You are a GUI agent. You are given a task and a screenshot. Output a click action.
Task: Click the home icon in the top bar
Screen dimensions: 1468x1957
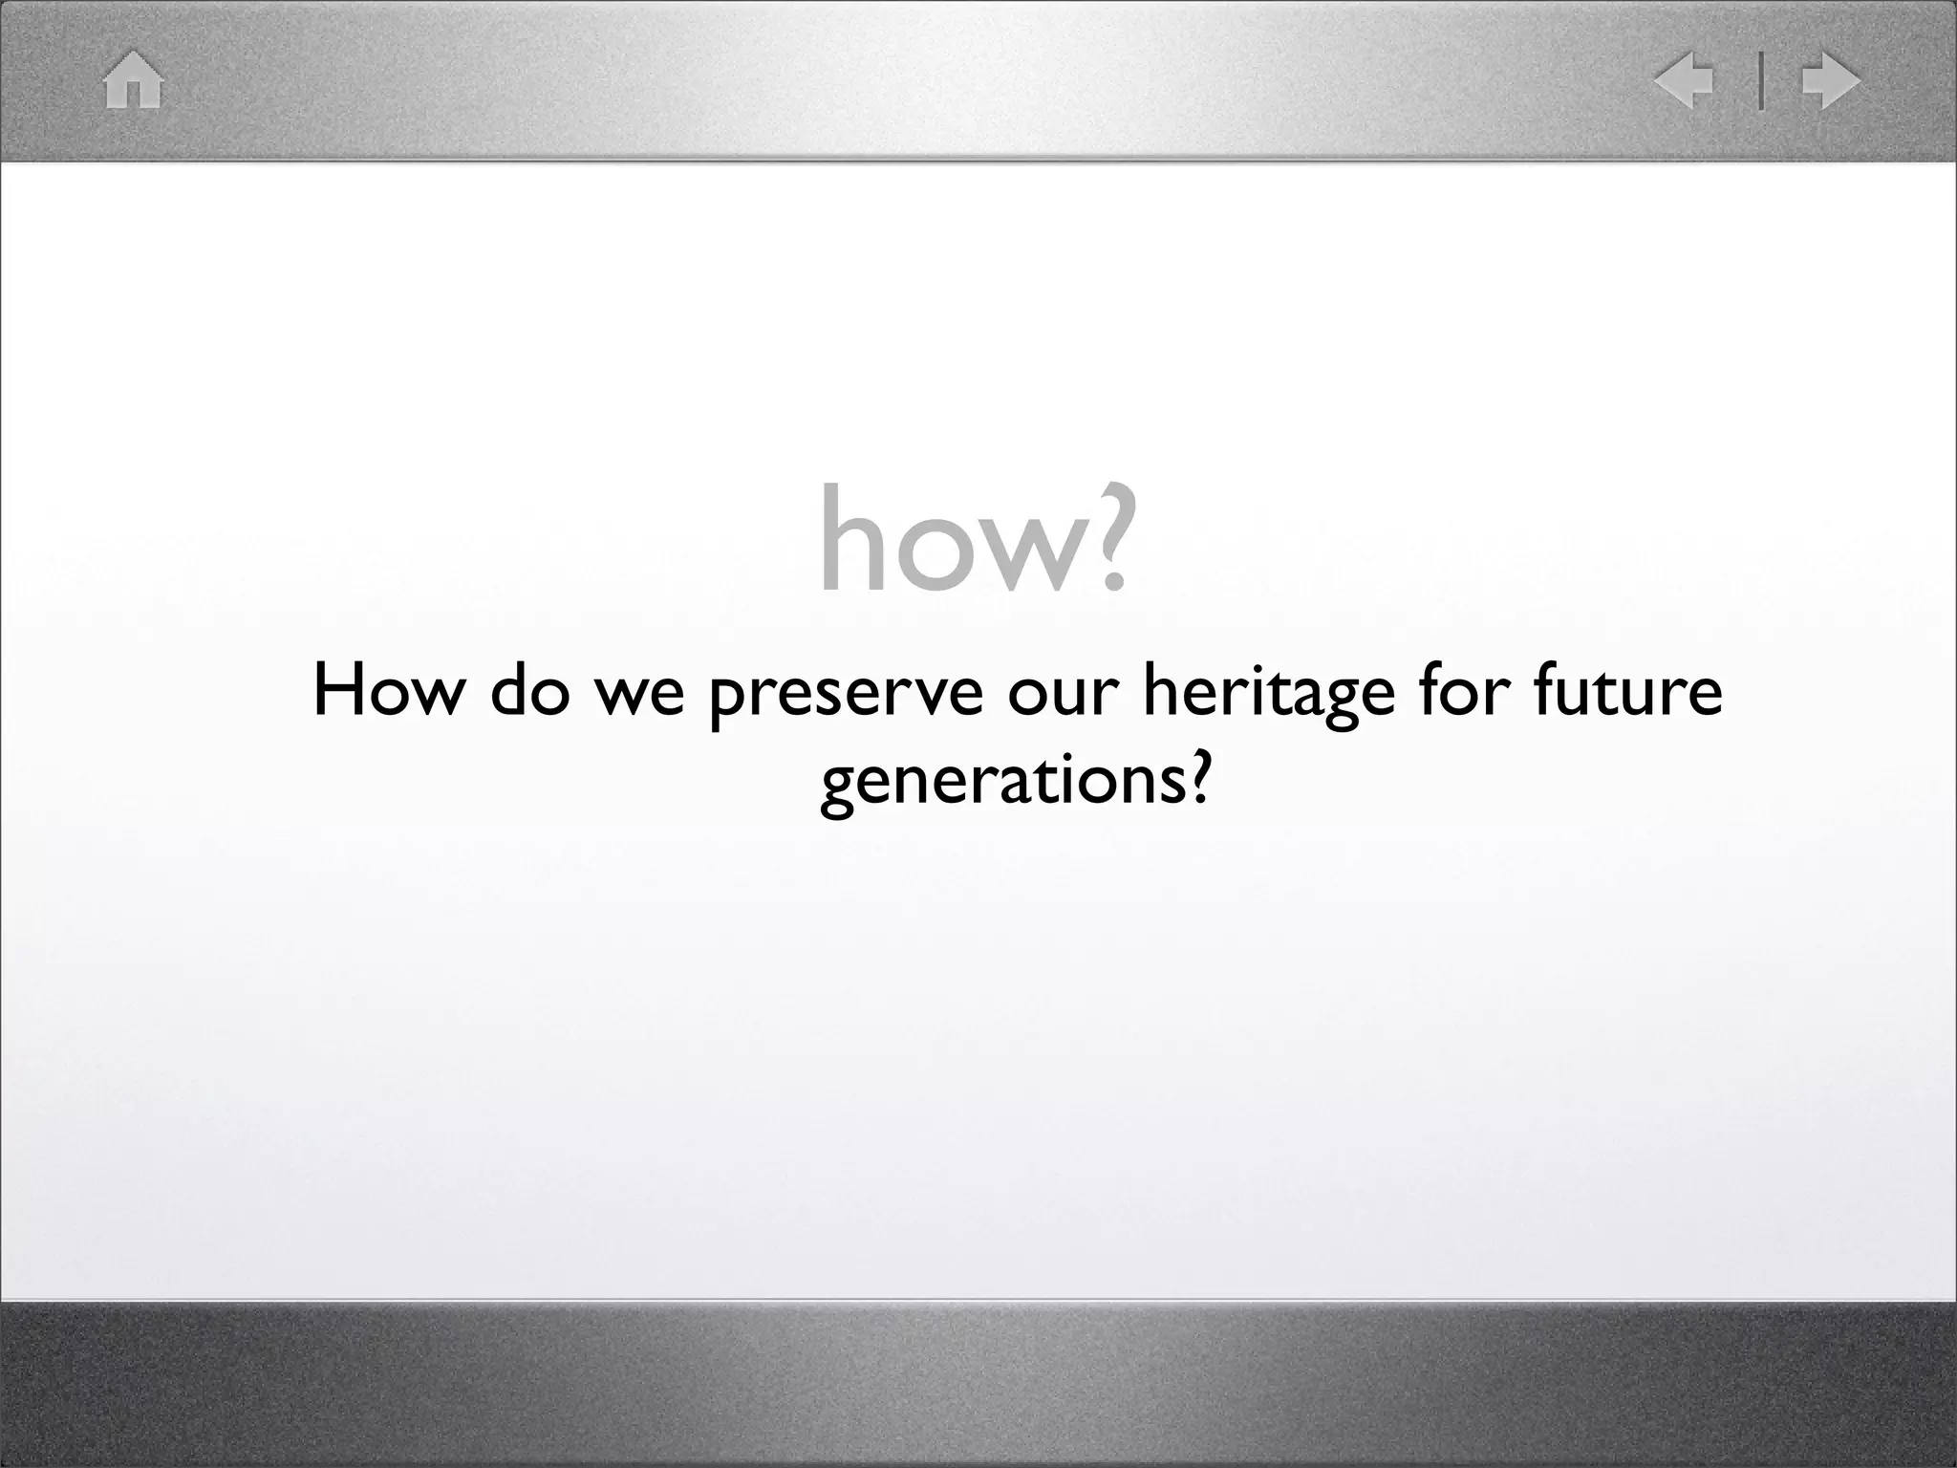pyautogui.click(x=134, y=81)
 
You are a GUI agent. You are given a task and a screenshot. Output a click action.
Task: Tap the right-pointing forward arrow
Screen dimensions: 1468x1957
pyautogui.click(x=1830, y=81)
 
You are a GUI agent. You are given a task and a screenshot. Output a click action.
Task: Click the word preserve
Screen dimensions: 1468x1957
pyautogui.click(x=847, y=696)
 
